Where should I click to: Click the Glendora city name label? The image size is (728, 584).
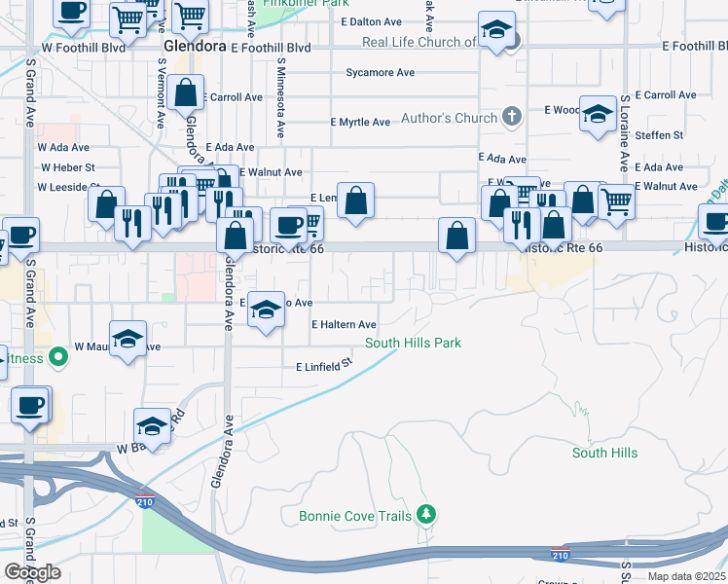[196, 46]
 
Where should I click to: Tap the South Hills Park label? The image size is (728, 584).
[413, 343]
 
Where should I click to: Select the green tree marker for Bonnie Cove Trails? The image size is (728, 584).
[424, 513]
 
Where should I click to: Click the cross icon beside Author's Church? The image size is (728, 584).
[513, 118]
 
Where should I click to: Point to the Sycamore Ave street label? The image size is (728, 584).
[380, 72]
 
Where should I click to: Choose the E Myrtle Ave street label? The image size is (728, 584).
[360, 122]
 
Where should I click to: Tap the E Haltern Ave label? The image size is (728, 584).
[344, 324]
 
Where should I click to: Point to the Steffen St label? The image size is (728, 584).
[659, 135]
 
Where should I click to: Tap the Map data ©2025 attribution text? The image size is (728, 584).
[686, 576]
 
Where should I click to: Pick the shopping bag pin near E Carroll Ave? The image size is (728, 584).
[185, 94]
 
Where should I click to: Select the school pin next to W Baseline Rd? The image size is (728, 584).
[153, 426]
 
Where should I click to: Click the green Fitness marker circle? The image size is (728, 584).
[58, 357]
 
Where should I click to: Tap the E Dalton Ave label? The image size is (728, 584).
[374, 21]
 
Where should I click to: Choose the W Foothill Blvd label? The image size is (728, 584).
[84, 46]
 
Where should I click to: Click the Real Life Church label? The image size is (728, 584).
[419, 42]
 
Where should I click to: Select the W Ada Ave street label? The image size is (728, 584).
[63, 148]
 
